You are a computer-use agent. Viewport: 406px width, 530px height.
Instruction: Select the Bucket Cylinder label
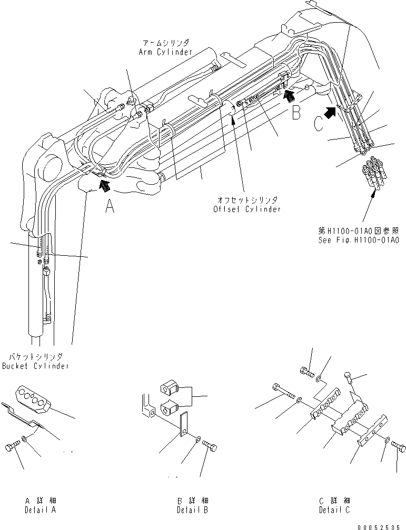[x=35, y=365]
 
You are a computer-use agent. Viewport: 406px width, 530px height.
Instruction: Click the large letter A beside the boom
[x=109, y=207]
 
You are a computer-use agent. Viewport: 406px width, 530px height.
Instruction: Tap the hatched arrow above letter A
[x=105, y=184]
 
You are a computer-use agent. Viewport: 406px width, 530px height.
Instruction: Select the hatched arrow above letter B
[x=289, y=94]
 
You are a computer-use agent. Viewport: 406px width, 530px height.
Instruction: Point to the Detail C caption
[x=334, y=509]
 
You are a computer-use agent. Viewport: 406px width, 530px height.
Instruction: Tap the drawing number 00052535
[x=381, y=525]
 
